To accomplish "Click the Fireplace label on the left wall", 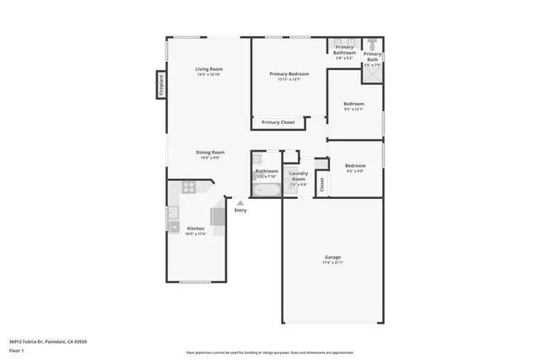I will click(160, 84).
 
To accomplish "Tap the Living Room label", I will click(208, 69).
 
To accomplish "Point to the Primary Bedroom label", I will click(289, 74).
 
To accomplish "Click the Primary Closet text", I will click(278, 122).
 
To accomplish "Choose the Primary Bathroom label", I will click(344, 50).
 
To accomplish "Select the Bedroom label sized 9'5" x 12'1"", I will click(354, 105).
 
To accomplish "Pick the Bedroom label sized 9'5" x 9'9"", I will click(354, 166).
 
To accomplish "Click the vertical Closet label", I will click(321, 184).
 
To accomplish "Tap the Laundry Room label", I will click(298, 176).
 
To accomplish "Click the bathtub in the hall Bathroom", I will click(266, 191).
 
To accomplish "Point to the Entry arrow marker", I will click(240, 202).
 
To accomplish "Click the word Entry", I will click(240, 210).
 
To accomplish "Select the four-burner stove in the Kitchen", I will click(189, 187).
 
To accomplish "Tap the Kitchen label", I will click(196, 228).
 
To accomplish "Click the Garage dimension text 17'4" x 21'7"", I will click(332, 263).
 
